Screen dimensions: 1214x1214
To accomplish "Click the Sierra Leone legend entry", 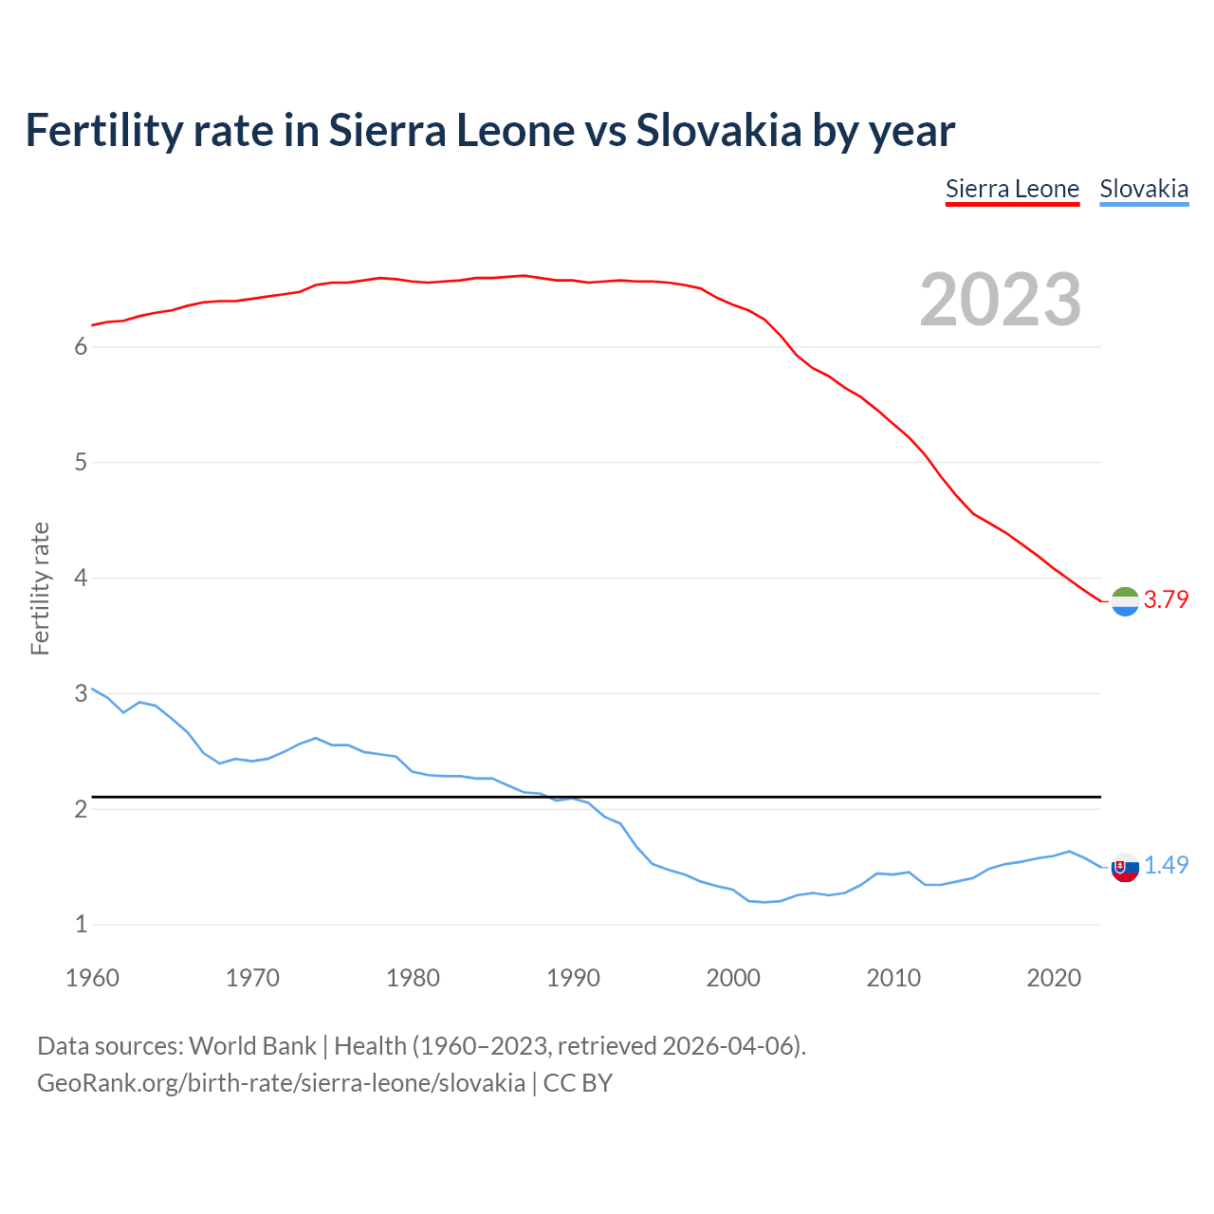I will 1012,189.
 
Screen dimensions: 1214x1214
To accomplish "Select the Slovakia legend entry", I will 1144,189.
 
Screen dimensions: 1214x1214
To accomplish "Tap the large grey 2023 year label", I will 1001,300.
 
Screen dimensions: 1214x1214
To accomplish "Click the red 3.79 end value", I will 1166,599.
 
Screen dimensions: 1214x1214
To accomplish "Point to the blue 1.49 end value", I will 1166,865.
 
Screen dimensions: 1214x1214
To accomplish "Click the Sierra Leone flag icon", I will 1125,601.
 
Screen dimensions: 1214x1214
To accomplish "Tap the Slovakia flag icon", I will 1125,866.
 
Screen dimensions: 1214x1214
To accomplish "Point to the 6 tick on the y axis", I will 81,347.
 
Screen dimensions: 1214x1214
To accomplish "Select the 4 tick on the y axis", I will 81,578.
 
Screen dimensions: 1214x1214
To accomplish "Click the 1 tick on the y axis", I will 81,924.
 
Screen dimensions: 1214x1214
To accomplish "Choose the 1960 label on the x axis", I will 92,978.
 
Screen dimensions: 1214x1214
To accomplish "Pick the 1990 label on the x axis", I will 573,978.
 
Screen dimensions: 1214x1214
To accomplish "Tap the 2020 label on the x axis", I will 1054,978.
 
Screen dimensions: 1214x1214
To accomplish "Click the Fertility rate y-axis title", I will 40,588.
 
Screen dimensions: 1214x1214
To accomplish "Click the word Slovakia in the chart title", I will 719,130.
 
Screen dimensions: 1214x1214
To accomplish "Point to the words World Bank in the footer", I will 252,1046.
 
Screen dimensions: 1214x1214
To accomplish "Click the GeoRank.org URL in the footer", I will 281,1083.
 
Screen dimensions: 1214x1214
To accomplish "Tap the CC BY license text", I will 578,1083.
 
